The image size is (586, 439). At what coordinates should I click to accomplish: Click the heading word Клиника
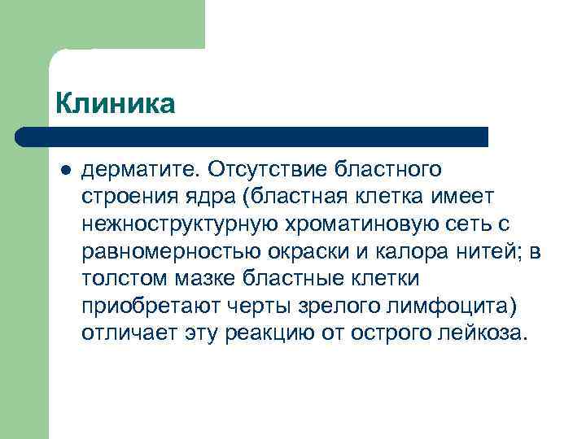pos(115,104)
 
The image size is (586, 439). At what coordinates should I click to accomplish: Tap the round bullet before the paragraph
pos(65,170)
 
